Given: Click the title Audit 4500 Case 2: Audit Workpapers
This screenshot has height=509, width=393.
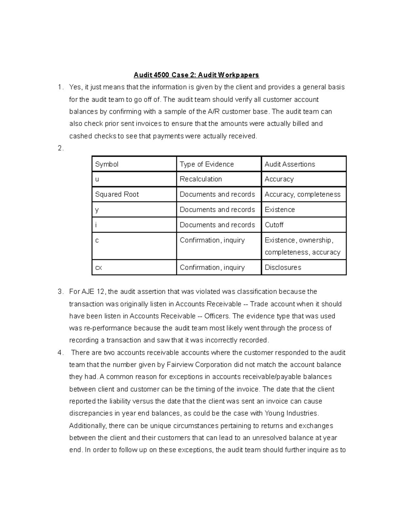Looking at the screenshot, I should pos(196,75).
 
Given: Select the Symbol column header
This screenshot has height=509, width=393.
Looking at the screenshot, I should pos(107,164).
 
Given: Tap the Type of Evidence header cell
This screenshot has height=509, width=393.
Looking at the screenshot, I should pos(207,164).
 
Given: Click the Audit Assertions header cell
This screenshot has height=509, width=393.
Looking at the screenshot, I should pos(290,164).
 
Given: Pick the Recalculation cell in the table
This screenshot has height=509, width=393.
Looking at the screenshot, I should pos(201,179).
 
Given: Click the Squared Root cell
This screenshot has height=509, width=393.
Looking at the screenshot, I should pos(117,194).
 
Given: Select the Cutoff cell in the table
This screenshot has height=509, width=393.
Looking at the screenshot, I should pos(274,225).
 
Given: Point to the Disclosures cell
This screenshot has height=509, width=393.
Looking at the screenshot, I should pos(283,267).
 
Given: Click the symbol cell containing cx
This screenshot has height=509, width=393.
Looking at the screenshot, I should pos(99,268).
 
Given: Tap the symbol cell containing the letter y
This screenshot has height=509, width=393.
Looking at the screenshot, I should pos(97,210).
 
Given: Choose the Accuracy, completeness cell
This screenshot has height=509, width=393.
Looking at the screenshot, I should pos(302,194).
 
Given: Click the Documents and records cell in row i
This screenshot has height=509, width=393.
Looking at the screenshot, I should pos(217,225).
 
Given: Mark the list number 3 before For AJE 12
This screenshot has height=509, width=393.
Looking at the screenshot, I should pos(60,292).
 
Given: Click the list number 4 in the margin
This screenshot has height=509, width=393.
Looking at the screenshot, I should pos(60,353).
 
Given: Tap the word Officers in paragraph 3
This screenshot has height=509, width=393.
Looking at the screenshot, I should pos(217,316).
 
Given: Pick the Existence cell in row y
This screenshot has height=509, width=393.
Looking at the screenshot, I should pos(279,210).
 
